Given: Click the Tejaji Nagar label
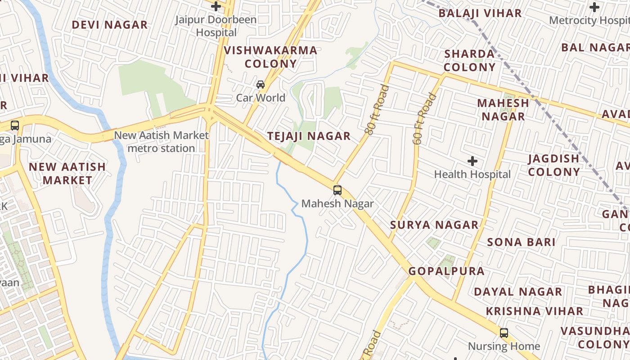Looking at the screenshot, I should (x=309, y=136).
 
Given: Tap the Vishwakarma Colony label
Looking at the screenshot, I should (x=270, y=57).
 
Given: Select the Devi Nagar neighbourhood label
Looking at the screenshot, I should (x=110, y=25).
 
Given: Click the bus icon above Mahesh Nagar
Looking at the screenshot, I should (x=337, y=190).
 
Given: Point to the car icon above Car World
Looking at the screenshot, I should (x=261, y=85).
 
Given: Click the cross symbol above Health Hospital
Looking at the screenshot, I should (x=472, y=161).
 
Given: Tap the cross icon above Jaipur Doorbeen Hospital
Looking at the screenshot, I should (x=216, y=6).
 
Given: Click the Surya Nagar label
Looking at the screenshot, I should (x=434, y=225).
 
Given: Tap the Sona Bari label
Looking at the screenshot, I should (x=521, y=242).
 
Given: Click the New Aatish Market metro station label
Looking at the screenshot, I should (x=161, y=141).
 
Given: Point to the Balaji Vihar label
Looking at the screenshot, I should (x=480, y=13).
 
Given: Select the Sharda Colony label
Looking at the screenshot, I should (x=469, y=60).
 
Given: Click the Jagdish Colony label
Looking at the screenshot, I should (x=553, y=165).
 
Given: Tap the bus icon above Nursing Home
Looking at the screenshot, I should (x=504, y=333).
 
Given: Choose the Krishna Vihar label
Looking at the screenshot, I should (x=534, y=311).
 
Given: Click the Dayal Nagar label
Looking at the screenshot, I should (x=518, y=292).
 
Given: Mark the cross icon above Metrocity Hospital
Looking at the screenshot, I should (x=594, y=7).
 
